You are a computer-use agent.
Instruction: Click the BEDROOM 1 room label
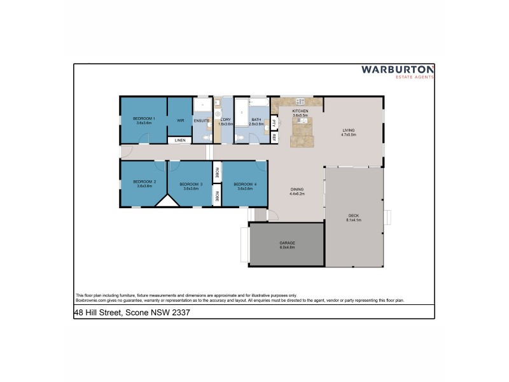(144, 118)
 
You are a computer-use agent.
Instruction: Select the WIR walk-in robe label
(180, 119)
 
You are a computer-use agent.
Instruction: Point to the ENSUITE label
(202, 120)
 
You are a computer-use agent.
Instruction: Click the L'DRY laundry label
(225, 119)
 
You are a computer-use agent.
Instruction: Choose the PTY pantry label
(274, 122)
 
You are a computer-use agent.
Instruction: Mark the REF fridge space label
(274, 136)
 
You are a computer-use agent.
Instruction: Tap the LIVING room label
(348, 131)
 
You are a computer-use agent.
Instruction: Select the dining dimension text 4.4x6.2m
(297, 194)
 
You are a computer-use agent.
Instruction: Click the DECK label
(354, 215)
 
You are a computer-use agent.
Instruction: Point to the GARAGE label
(287, 243)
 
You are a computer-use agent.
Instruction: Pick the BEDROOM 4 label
(245, 184)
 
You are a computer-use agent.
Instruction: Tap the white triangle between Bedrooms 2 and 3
(167, 201)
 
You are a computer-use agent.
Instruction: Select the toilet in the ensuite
(205, 136)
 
